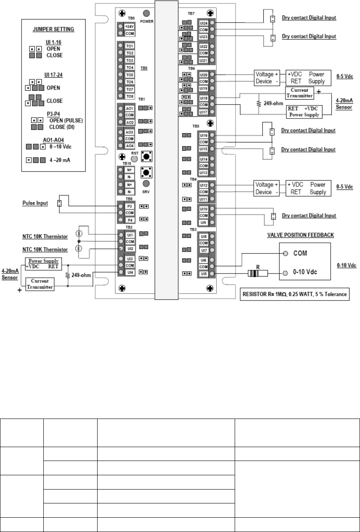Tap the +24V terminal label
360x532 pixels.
tap(130, 26)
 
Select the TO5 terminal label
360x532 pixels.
tap(130, 74)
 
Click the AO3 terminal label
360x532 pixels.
tap(130, 132)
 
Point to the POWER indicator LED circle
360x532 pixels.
tap(147, 13)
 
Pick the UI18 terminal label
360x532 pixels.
tap(204, 98)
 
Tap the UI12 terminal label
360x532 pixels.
tap(204, 185)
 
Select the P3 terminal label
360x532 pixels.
tap(130, 206)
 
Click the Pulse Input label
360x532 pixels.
tap(34, 203)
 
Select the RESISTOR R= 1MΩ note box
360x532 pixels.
tap(294, 294)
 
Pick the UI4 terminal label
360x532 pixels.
tap(130, 273)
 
